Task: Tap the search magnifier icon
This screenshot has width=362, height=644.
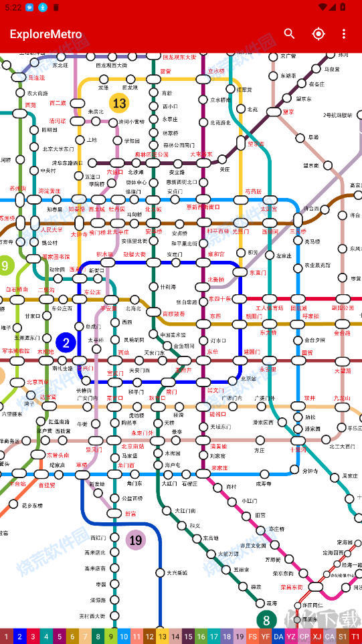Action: [289, 34]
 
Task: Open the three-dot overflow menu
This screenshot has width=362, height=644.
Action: [344, 34]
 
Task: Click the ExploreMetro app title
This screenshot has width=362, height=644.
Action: [46, 34]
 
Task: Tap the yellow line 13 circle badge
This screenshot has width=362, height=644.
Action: [119, 104]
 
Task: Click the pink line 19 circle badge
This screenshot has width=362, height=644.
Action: [136, 540]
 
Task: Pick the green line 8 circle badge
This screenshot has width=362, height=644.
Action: [266, 620]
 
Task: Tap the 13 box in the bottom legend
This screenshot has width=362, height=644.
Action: [163, 637]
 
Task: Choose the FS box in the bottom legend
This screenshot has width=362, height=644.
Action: [252, 637]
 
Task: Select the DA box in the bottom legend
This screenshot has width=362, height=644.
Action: [278, 637]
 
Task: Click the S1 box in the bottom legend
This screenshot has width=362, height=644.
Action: [343, 637]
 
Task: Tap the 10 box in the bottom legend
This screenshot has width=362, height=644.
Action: [124, 637]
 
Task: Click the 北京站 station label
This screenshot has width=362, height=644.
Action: [248, 379]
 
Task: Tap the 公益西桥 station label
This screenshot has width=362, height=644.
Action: [132, 498]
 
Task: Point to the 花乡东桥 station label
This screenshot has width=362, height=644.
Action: [31, 506]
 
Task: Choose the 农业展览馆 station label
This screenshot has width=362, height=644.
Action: [319, 265]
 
